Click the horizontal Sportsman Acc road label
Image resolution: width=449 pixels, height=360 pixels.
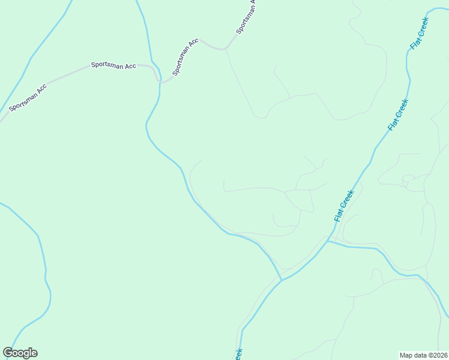[x=113, y=65]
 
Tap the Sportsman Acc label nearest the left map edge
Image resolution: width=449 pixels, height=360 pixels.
[x=28, y=98]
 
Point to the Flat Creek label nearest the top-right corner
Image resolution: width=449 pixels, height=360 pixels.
[x=419, y=34]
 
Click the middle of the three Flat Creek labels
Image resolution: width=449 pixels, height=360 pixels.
[x=398, y=115]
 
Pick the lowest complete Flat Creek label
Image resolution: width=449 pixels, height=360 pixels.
[x=345, y=206]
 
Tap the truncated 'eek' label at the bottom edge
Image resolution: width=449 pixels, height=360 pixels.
[x=237, y=354]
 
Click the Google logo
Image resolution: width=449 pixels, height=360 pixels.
[x=20, y=353]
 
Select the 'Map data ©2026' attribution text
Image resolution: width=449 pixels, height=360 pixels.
[x=423, y=355]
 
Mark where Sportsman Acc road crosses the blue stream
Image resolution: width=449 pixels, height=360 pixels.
[x=160, y=79]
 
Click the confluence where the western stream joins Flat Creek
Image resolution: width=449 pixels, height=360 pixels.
[x=281, y=280]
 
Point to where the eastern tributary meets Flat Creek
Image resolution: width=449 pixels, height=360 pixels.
[x=328, y=241]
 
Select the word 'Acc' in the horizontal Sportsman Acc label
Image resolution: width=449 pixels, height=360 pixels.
[x=130, y=66]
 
